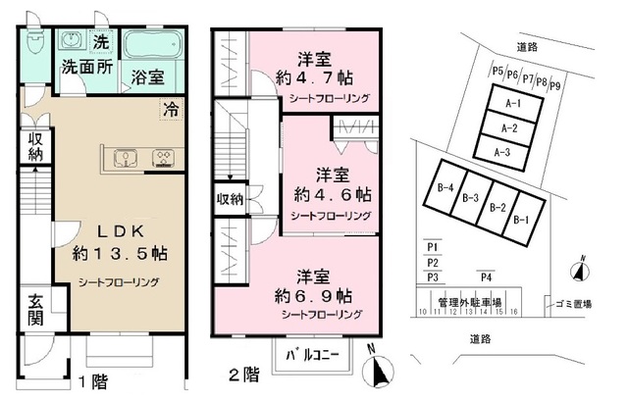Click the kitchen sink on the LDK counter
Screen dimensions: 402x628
click(124, 156)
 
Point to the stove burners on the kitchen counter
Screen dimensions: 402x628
click(161, 156)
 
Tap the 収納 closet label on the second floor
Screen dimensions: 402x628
click(231, 198)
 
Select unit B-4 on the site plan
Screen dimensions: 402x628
click(445, 188)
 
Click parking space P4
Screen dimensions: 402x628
click(485, 277)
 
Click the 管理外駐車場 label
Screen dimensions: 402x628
click(470, 302)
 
